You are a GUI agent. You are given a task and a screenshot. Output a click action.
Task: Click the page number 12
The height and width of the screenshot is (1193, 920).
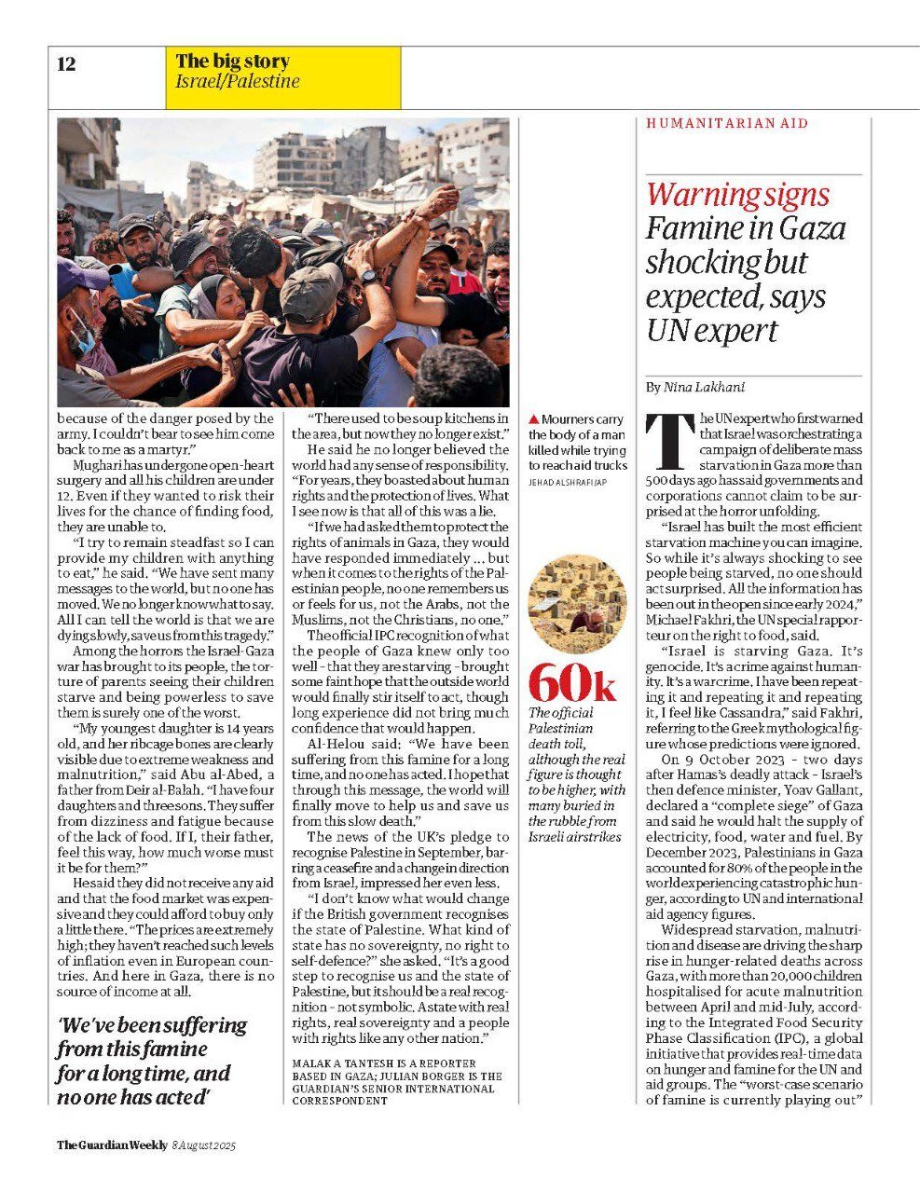pos(66,64)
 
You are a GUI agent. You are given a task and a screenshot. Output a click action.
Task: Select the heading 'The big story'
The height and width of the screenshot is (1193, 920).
pos(232,62)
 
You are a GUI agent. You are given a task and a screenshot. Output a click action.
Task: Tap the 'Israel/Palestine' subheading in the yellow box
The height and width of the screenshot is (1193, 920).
pos(238,82)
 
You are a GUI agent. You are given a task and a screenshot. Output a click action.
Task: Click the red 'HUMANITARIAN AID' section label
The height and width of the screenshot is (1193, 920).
pos(727,123)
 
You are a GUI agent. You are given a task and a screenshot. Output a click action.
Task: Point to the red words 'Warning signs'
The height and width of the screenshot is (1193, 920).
pos(737,195)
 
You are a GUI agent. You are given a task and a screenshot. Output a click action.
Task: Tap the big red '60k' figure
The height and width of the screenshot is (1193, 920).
pos(571,684)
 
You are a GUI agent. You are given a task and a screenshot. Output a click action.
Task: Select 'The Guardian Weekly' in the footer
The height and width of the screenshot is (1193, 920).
pos(112,1145)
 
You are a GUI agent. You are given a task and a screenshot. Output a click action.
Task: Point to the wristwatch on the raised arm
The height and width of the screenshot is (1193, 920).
pos(369,277)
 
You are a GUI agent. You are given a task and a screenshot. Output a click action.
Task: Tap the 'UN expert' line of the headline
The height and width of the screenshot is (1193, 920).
pos(711,331)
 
